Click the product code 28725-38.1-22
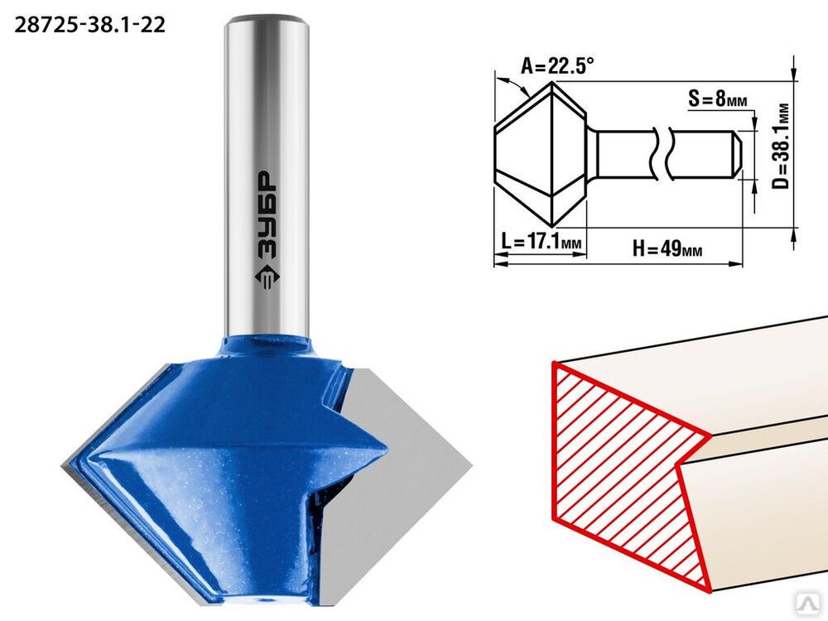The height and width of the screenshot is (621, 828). point(89,25)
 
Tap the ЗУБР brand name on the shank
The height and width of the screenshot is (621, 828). point(266,215)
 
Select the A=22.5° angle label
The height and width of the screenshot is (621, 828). point(557,66)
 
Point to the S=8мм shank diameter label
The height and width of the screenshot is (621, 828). point(718,99)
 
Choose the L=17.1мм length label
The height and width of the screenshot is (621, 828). point(541,242)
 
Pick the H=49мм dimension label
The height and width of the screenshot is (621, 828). point(667,248)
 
